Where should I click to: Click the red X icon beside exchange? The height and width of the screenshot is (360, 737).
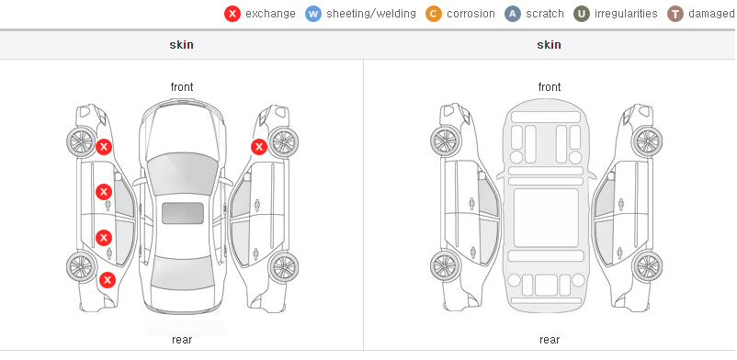click(x=232, y=14)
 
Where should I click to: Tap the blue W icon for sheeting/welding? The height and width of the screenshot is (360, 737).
click(x=313, y=14)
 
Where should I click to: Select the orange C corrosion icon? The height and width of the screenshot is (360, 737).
click(x=434, y=14)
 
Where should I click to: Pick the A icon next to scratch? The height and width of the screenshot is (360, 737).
click(x=513, y=14)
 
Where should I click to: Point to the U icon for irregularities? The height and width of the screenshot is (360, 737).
click(x=582, y=14)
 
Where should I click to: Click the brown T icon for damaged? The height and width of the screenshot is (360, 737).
click(x=675, y=14)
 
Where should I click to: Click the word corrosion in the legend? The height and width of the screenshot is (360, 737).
click(x=471, y=14)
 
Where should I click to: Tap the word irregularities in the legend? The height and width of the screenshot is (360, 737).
click(x=626, y=14)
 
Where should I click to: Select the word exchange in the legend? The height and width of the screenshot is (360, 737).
click(x=270, y=14)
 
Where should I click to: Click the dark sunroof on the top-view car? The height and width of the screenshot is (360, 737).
click(x=183, y=213)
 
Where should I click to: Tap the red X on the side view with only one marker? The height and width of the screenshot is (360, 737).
click(x=258, y=147)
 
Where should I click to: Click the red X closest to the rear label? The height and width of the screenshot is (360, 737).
click(x=108, y=281)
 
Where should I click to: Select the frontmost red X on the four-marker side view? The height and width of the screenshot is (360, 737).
click(x=104, y=147)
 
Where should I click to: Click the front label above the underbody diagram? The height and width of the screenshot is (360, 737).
click(x=550, y=87)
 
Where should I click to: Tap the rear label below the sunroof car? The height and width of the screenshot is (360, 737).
click(x=182, y=340)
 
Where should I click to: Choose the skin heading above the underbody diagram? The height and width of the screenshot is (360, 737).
click(x=549, y=45)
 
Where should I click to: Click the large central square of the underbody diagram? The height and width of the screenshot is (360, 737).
click(x=546, y=218)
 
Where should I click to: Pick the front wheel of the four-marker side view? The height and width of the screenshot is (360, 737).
click(x=81, y=141)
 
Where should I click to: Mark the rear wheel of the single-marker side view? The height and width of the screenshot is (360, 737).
click(x=283, y=267)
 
